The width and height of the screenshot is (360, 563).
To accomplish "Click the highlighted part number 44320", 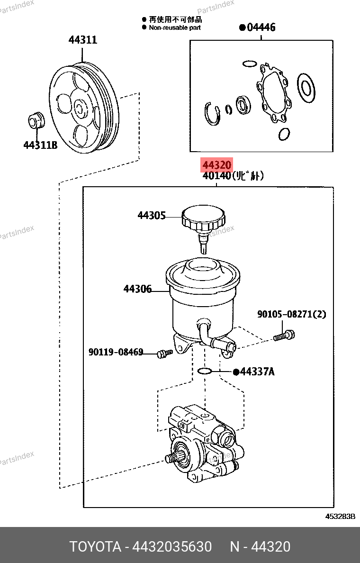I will click(216, 165).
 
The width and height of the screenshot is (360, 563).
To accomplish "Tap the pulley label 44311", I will click(83, 40).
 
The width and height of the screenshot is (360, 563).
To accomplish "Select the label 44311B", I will click(40, 145).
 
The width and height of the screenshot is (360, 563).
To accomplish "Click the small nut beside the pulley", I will click(35, 120).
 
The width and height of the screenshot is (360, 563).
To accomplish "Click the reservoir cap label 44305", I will click(152, 216).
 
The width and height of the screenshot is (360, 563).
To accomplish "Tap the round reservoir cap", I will click(204, 218).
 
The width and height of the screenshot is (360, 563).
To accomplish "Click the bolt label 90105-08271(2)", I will click(291, 314).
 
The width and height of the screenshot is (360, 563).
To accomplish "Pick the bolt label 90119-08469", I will click(116, 352).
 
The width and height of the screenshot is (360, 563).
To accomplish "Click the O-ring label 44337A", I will click(257, 372).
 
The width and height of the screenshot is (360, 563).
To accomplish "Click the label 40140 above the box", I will click(216, 176).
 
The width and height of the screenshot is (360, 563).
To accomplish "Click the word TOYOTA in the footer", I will click(95, 547).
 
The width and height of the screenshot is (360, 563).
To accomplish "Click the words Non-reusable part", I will click(175, 28).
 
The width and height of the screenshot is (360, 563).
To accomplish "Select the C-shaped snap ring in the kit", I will click(212, 113).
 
